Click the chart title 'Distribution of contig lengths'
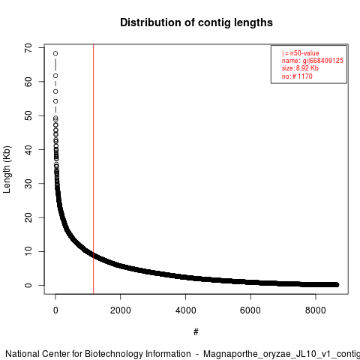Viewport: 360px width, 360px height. coord(196,22)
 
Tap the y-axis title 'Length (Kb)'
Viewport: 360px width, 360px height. coord(7,169)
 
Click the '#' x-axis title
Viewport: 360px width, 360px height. coord(196,331)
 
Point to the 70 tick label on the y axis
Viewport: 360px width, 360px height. coord(28,48)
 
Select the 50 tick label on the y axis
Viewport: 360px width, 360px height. coord(28,115)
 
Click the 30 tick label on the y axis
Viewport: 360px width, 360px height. coord(28,184)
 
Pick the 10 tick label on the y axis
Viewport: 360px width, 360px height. coord(28,251)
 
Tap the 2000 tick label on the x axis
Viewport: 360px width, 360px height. coord(121,310)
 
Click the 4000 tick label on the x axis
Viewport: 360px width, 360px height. coord(185,310)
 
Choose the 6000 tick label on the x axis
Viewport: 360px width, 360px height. coord(250,310)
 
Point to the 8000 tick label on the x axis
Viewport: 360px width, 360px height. coord(316,310)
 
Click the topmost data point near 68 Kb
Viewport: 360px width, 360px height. coord(55,53)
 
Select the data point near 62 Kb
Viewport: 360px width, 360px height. coord(55,76)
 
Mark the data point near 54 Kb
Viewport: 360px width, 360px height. coord(55,101)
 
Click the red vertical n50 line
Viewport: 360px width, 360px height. coord(94,169)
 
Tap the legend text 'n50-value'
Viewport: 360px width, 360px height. coord(304,53)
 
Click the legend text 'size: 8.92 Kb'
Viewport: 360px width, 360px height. coord(300,68)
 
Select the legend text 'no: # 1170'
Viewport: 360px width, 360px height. coord(297,76)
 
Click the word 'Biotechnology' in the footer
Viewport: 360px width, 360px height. coord(114,354)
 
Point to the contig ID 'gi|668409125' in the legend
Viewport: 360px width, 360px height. coord(323,61)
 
